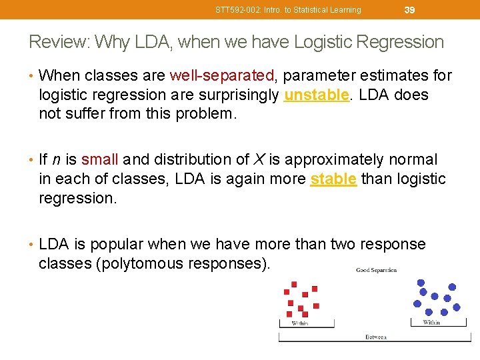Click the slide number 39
coord(410,9)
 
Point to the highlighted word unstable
coord(316,95)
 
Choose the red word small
coord(99,160)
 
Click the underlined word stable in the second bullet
coord(333,179)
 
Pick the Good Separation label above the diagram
coord(376,270)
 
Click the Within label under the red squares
coord(300,323)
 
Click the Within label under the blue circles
coord(431,323)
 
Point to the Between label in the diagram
coord(375,337)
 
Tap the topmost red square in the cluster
coord(294,285)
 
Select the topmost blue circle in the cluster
coord(421,282)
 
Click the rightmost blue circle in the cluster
coord(457,307)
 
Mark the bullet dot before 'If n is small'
coord(33,160)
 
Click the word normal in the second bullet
coord(413,160)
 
